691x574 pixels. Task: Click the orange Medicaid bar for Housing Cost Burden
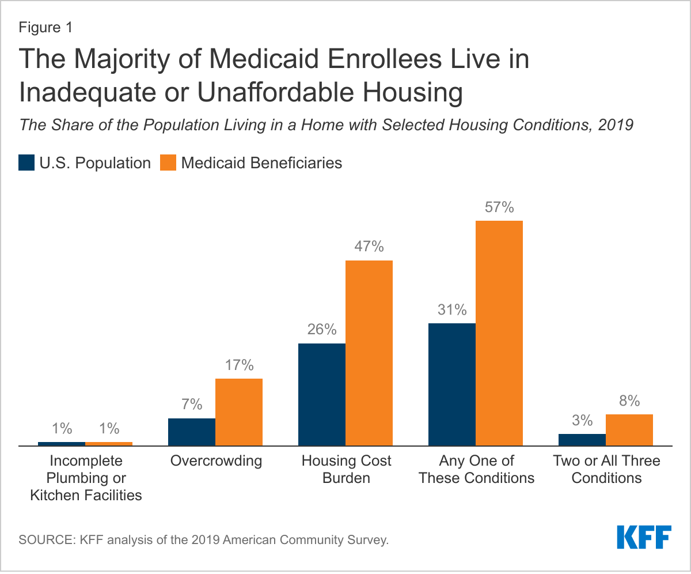coord(369,353)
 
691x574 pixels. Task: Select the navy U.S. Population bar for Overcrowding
coord(191,432)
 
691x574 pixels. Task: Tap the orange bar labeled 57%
coord(499,333)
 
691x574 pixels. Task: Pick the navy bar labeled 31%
coord(452,384)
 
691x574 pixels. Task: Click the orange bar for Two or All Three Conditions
coord(629,430)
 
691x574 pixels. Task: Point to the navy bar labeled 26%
coord(321,395)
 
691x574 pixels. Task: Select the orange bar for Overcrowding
coord(238,412)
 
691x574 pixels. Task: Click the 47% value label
coord(369,247)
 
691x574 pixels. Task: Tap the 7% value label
coord(191,405)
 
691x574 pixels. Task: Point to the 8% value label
coord(629,401)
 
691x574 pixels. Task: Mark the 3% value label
coord(582,420)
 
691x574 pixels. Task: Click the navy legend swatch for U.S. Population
coord(26,163)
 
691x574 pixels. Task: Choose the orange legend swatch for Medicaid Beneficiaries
coord(168,163)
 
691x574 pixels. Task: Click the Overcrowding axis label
coord(216,461)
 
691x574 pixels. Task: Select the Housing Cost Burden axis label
coord(346,469)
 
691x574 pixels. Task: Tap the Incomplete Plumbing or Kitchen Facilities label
coord(86,478)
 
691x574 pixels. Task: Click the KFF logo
coord(644,537)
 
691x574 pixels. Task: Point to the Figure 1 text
coord(46,28)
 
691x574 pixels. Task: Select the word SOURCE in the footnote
coord(41,541)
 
